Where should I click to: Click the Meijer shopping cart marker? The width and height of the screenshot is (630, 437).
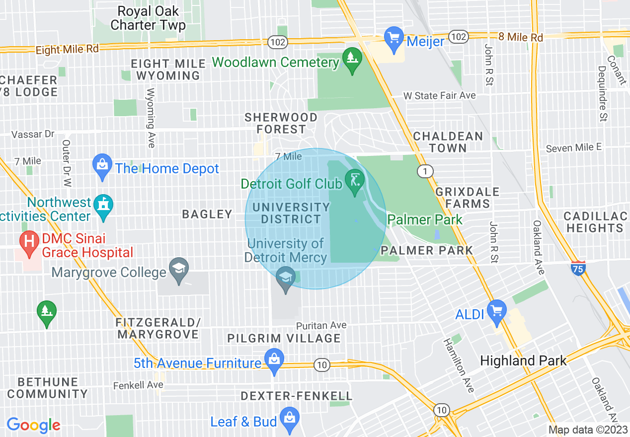[394, 38]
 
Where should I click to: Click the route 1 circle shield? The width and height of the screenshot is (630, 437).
[424, 172]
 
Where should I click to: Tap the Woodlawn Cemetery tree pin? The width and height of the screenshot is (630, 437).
[352, 59]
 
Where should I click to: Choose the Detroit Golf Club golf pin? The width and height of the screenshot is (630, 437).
[355, 180]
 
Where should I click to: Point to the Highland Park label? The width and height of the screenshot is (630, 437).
[523, 361]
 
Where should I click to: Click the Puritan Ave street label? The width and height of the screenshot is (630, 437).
[321, 325]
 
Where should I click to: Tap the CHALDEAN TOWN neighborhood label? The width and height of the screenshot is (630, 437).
[448, 142]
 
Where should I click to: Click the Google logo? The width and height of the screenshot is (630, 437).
[33, 425]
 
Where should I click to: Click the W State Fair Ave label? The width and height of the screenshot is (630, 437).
[439, 95]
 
